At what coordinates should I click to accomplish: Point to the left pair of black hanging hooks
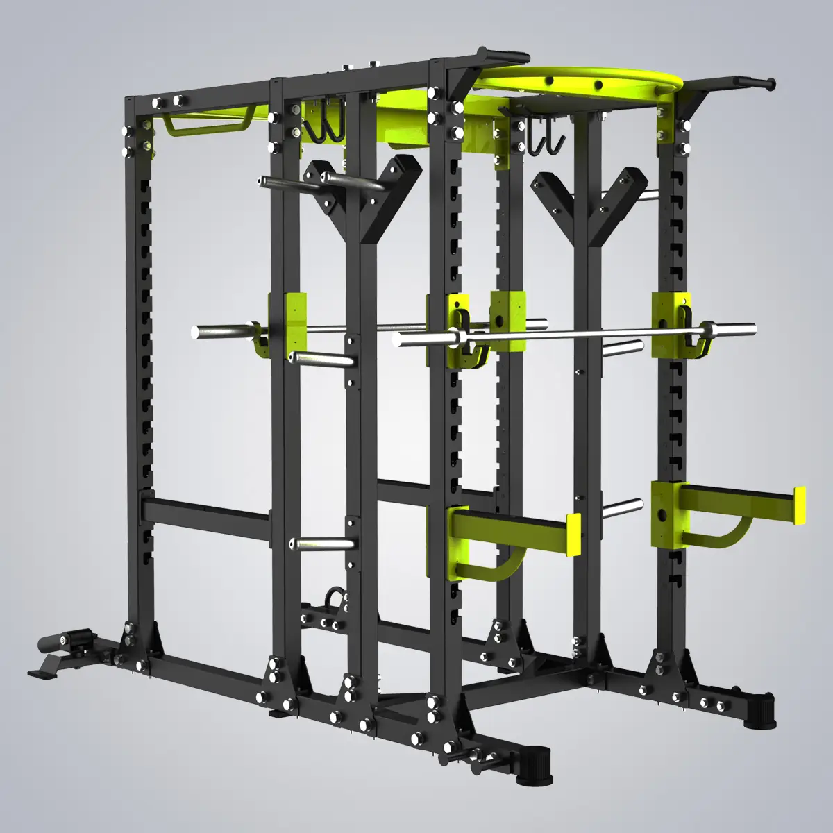click(x=323, y=128)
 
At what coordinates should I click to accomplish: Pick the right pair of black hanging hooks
click(x=544, y=139)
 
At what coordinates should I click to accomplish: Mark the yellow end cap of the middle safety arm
click(x=573, y=535)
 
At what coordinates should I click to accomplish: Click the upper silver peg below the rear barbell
click(x=319, y=359)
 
